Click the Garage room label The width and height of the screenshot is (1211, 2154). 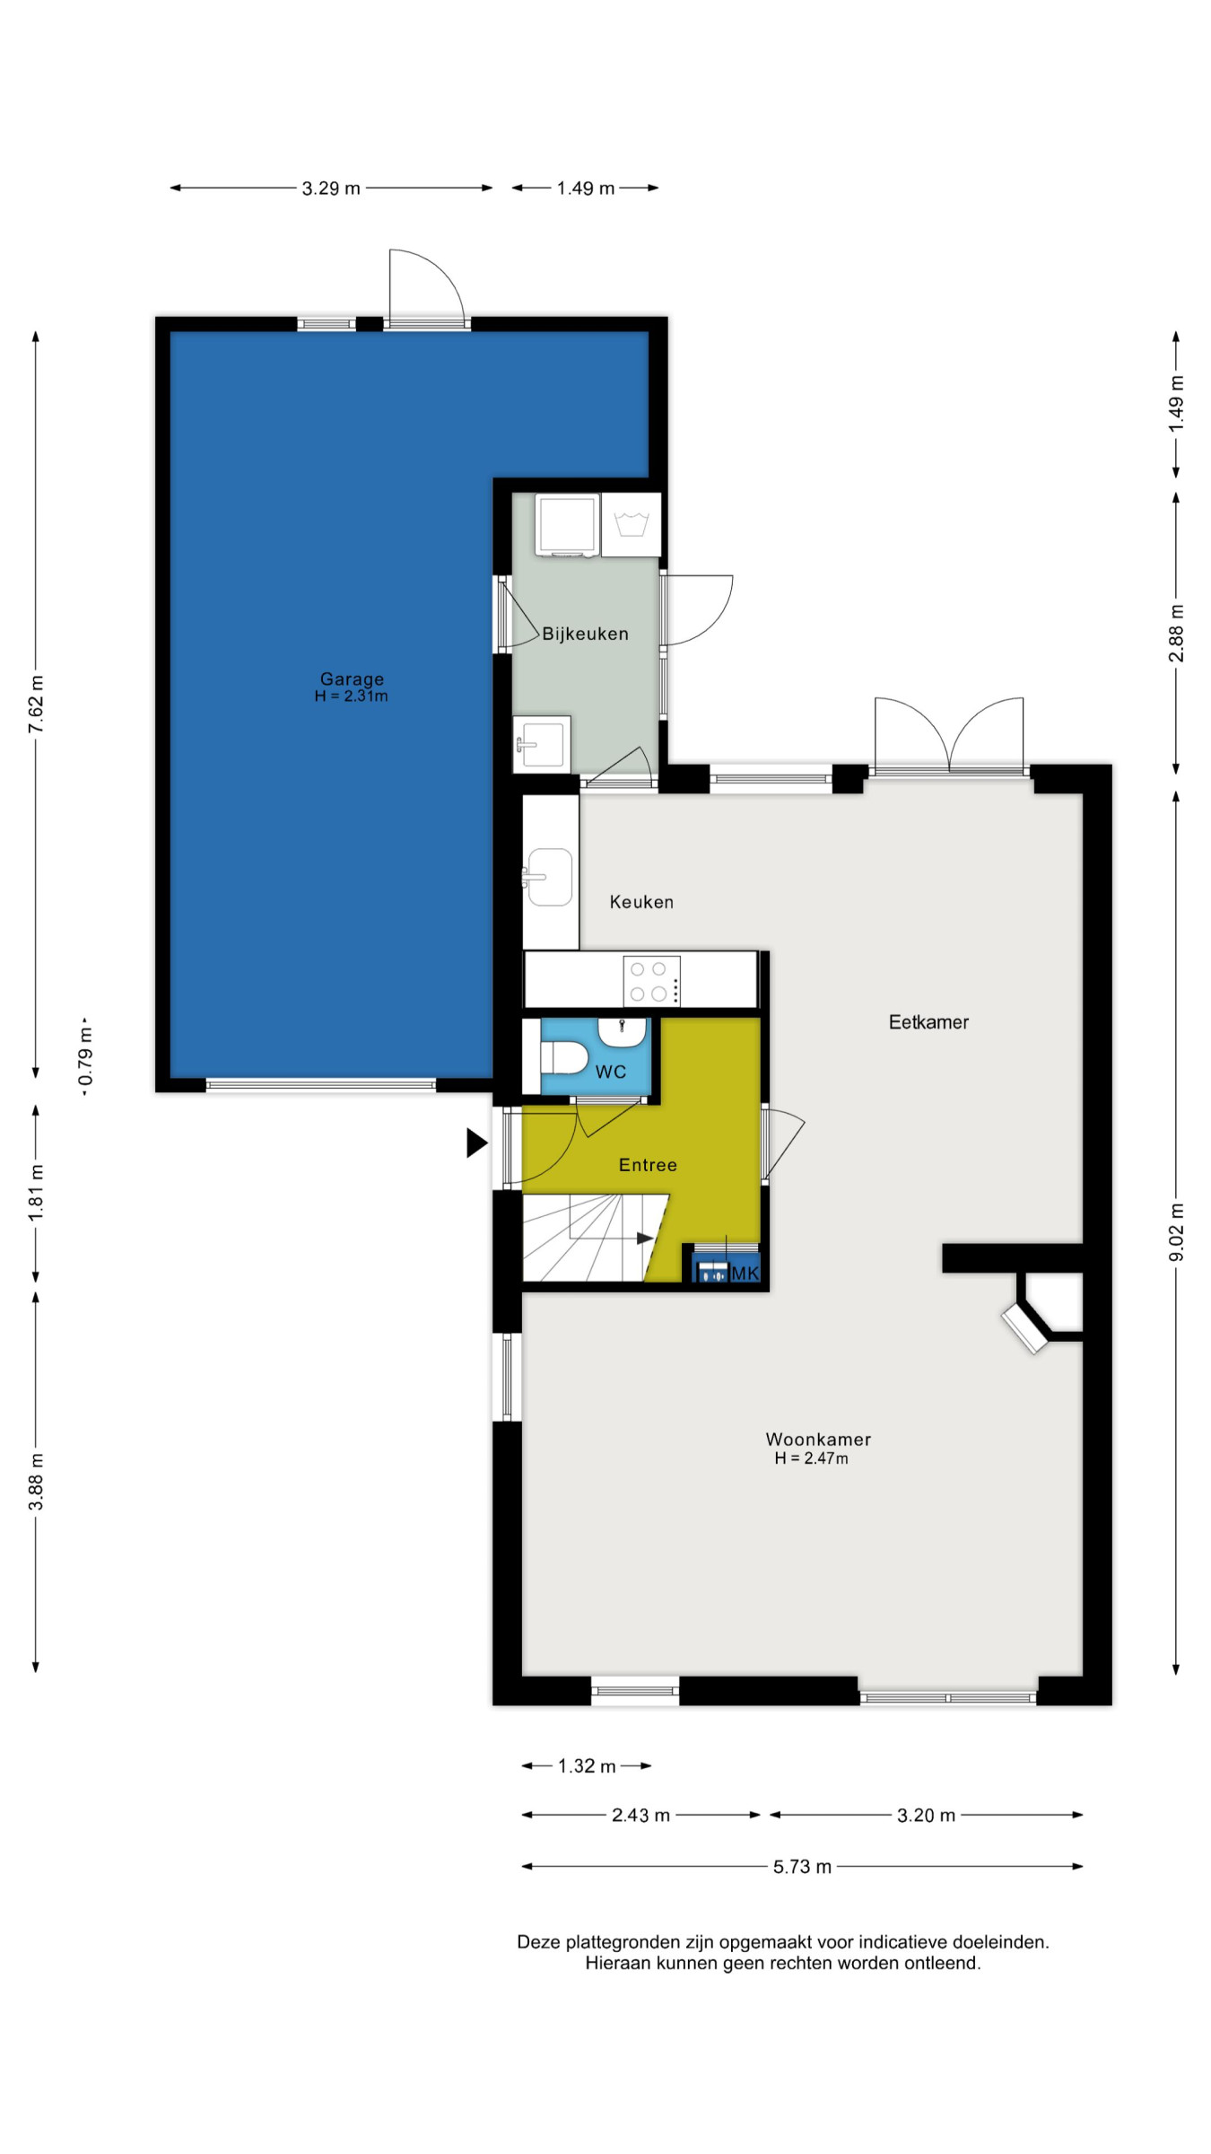click(x=352, y=679)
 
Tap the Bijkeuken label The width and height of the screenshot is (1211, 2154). click(x=585, y=634)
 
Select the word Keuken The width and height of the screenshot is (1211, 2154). click(x=641, y=902)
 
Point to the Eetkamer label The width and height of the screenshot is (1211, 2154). click(x=928, y=1022)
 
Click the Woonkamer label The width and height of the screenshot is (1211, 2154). click(x=818, y=1440)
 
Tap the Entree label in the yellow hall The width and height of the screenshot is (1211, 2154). click(x=648, y=1165)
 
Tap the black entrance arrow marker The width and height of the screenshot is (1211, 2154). click(x=477, y=1143)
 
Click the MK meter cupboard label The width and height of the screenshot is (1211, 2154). click(x=745, y=1274)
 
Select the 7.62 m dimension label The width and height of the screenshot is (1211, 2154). click(x=36, y=704)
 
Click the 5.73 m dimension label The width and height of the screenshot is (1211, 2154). click(x=803, y=1867)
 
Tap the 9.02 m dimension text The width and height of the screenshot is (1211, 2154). click(x=1176, y=1232)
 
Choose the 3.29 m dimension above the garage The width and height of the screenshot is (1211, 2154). click(x=331, y=188)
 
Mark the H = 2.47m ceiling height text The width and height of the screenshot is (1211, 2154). click(x=812, y=1458)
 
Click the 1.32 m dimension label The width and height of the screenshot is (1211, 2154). click(x=587, y=1766)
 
